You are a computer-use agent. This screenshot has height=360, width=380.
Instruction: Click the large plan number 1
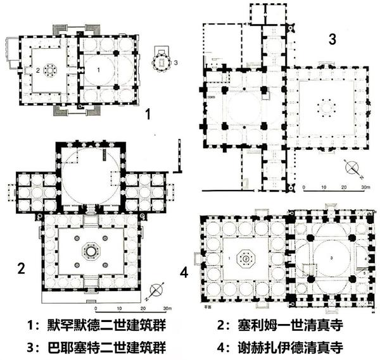147,115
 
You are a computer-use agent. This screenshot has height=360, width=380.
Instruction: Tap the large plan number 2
21,268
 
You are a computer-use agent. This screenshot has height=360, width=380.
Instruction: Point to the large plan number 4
184,273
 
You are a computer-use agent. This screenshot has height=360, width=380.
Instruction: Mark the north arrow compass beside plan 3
352,169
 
